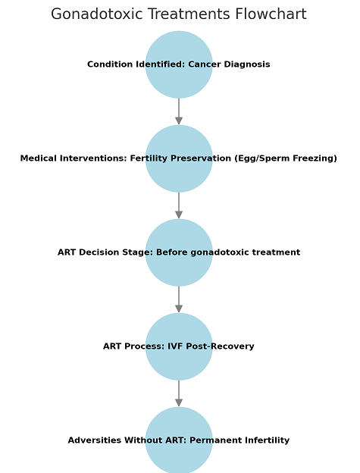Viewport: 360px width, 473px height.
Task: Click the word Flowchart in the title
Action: (x=271, y=14)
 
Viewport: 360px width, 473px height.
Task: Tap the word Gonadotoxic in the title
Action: (x=97, y=14)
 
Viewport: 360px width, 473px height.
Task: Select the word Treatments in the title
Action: (x=189, y=14)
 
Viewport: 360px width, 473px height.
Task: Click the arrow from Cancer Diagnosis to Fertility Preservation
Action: (x=179, y=111)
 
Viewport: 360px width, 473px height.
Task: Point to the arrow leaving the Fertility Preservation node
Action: (x=179, y=205)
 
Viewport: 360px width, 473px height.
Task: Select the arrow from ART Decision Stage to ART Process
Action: (x=179, y=299)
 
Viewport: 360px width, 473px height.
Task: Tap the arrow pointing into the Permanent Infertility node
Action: (x=179, y=393)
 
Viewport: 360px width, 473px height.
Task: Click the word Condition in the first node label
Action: (x=111, y=64)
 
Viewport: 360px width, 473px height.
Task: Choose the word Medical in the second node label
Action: (x=39, y=158)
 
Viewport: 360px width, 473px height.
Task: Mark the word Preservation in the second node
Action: (x=202, y=158)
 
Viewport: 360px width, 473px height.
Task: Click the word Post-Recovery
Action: (x=220, y=346)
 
